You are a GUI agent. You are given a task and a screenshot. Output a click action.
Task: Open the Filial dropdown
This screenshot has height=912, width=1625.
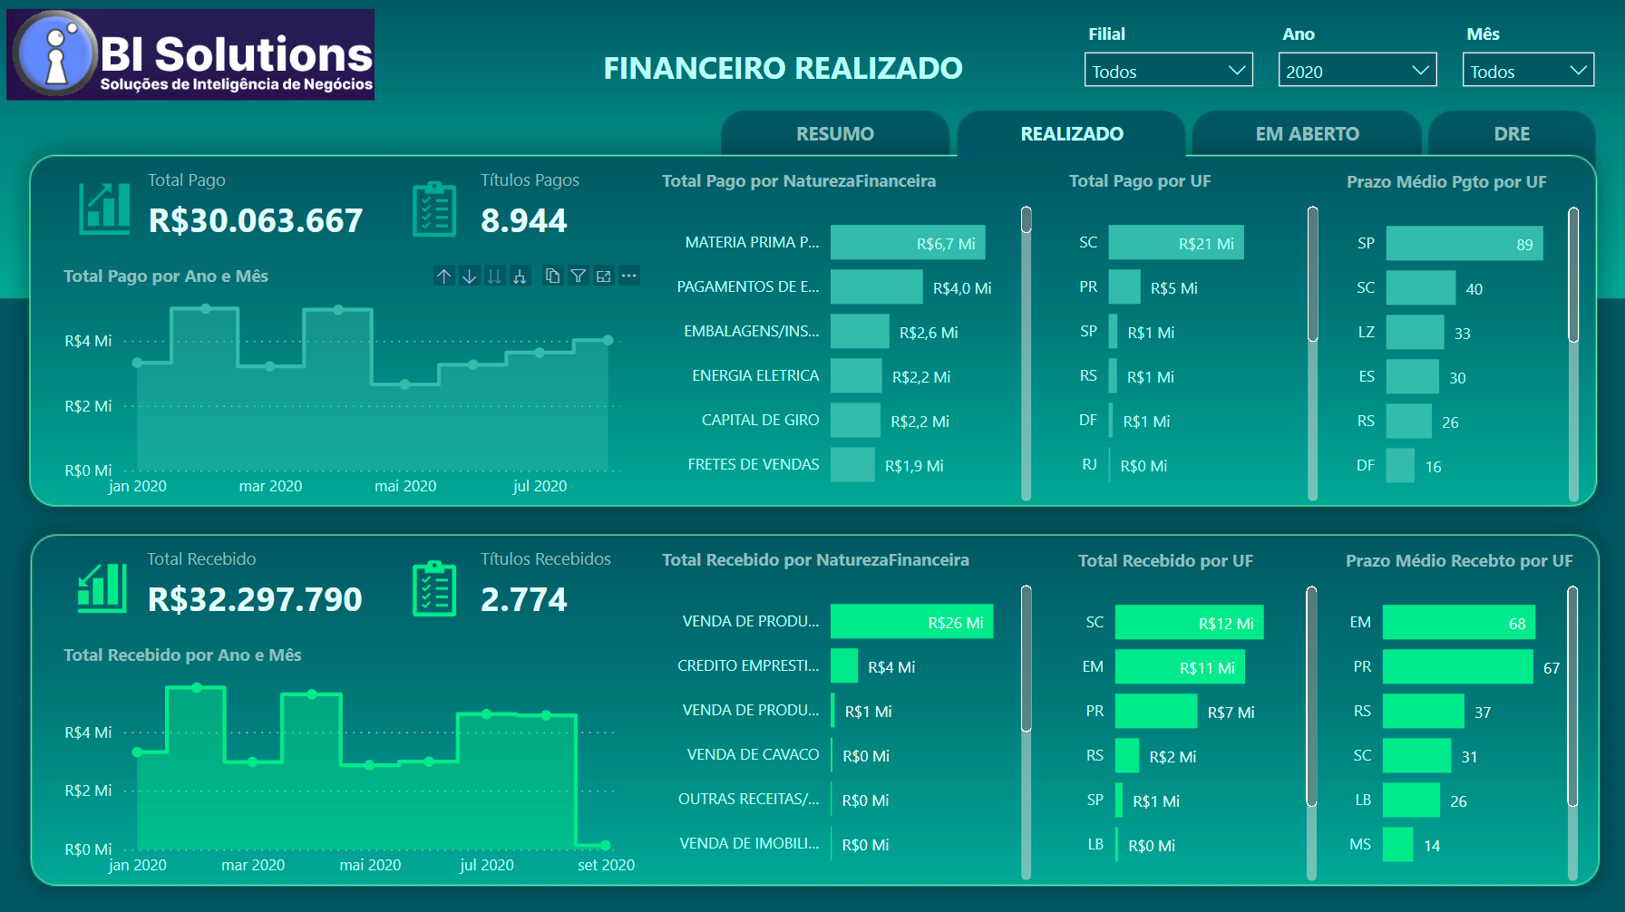[x=1168, y=71]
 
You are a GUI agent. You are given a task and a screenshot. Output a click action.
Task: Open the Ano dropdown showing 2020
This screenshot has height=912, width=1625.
[x=1357, y=71]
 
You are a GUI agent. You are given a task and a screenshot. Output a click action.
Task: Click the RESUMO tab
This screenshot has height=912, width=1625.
[x=834, y=134]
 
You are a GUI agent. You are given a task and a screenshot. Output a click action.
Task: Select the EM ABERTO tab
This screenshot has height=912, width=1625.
[x=1307, y=134]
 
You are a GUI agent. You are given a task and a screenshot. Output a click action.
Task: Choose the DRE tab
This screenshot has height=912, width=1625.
[x=1511, y=134]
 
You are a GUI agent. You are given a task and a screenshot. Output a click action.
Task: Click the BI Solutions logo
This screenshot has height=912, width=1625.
[x=190, y=54]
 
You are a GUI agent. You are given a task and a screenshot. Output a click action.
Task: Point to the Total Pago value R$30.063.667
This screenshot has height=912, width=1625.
[x=255, y=220]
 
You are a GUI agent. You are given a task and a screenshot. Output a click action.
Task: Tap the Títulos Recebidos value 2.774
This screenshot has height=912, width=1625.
[x=523, y=599]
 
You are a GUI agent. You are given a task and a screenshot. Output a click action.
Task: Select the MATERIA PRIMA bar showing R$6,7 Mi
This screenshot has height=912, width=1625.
[x=907, y=243]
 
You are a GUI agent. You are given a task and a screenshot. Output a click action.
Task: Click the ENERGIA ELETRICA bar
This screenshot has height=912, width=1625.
[x=855, y=376]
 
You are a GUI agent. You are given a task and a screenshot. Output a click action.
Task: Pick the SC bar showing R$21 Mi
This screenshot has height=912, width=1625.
[x=1175, y=243]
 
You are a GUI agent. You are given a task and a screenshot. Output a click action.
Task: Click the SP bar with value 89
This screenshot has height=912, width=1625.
[x=1464, y=244]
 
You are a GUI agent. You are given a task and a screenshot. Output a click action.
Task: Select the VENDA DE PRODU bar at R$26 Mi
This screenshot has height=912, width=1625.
[x=911, y=622]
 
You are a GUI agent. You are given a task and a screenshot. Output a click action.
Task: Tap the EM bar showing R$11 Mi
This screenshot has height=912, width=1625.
[x=1179, y=667]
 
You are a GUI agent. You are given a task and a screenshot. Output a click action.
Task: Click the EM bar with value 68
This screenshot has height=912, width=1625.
[x=1458, y=623]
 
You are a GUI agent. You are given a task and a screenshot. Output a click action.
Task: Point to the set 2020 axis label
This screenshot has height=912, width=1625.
[x=606, y=865]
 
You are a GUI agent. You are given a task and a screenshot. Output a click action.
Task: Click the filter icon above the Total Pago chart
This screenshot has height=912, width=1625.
[x=578, y=276]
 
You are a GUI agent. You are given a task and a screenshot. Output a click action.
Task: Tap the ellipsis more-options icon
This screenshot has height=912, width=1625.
[x=629, y=276]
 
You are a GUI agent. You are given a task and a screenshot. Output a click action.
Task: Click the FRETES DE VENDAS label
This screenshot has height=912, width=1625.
[x=753, y=464]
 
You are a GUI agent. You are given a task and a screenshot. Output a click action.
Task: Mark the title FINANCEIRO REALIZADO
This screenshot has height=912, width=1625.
[x=783, y=69]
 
